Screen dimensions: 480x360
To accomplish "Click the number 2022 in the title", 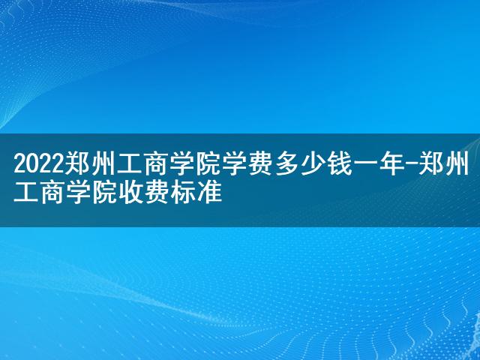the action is (x=39, y=165).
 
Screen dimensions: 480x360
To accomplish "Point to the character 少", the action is (x=313, y=164).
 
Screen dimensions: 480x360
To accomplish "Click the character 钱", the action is (x=339, y=164).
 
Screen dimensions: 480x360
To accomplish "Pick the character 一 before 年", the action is (x=365, y=165).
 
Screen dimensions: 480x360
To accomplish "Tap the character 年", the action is (x=391, y=164).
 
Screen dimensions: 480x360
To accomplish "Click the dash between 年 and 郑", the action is (x=411, y=165).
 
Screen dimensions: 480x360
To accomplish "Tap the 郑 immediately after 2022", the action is (x=77, y=164).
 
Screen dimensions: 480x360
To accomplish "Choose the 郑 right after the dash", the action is (x=430, y=164).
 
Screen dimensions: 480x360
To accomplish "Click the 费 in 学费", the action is (x=261, y=164).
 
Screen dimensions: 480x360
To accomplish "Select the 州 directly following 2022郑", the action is (x=103, y=164).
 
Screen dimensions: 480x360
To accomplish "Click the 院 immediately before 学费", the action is (x=208, y=164).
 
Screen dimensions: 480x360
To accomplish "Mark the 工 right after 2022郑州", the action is (x=130, y=164).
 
